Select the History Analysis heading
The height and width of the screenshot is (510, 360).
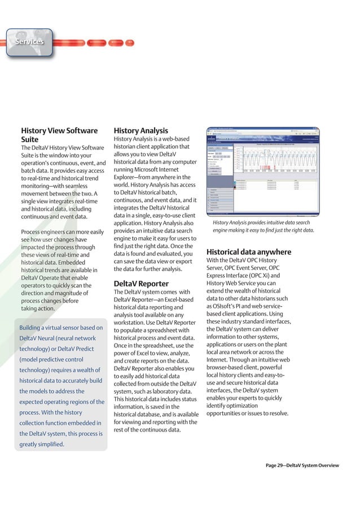(141, 130)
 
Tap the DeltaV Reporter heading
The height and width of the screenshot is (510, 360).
(141, 283)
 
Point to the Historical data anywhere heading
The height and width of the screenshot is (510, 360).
(248, 252)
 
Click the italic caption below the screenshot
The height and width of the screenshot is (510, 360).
(263, 226)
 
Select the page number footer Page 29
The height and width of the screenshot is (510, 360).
(302, 465)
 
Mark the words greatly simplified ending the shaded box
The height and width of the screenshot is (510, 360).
(42, 444)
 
